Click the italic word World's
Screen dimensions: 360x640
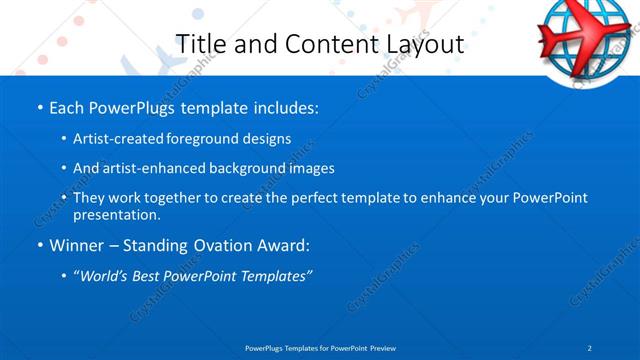[104, 276]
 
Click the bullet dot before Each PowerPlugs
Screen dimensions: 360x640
[39, 106]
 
